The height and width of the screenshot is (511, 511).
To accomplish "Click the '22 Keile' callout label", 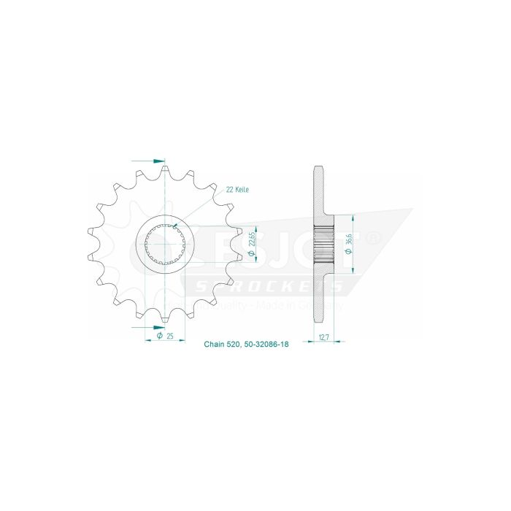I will (237, 189).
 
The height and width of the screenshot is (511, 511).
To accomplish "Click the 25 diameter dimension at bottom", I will (169, 337).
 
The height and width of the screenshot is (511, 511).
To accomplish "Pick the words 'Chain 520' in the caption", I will (220, 344).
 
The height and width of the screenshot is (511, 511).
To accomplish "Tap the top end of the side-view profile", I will (320, 172).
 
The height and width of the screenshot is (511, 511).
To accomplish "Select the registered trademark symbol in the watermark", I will (374, 238).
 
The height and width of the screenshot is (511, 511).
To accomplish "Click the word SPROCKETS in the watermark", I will (263, 287).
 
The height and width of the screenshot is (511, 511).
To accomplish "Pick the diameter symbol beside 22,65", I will (251, 253).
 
